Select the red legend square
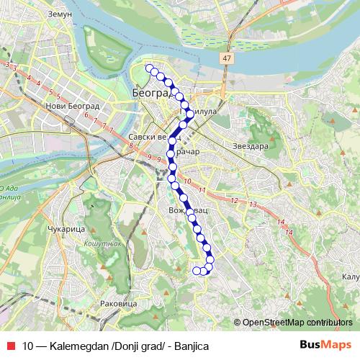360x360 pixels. click(x=12, y=346)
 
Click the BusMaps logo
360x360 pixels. click(x=325, y=346)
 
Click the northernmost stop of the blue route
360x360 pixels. click(x=149, y=68)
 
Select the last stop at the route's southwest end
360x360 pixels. click(x=196, y=271)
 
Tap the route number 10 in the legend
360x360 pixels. click(x=29, y=346)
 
